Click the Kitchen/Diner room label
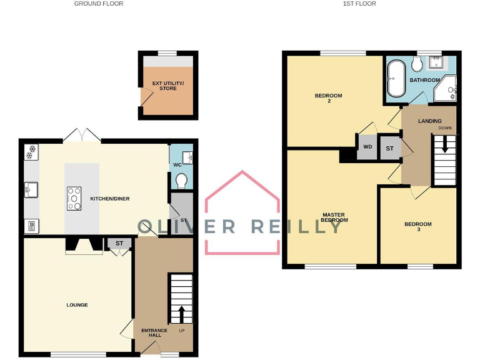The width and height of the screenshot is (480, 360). [x=110, y=199]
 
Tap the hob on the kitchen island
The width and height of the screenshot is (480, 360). [x=74, y=199]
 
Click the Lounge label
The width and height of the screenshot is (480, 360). [x=77, y=305]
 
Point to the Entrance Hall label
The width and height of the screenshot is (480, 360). [x=154, y=332]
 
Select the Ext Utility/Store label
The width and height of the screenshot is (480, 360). [x=167, y=86]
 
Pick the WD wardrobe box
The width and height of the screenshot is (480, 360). [x=367, y=147]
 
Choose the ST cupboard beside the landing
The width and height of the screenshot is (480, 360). [x=389, y=148]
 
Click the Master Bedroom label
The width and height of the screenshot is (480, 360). [x=333, y=217]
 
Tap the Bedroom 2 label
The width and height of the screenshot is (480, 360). [x=328, y=98]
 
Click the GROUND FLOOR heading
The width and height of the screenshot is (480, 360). [x=99, y=4]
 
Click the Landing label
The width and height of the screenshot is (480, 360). [x=429, y=121]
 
